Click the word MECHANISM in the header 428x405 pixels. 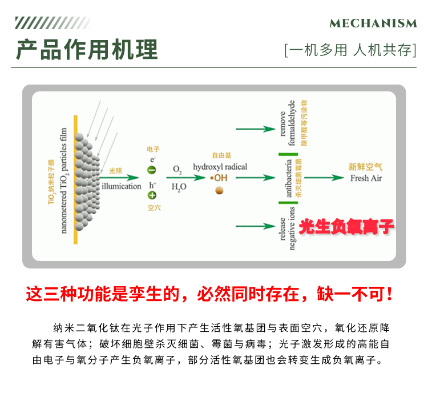click(373, 23)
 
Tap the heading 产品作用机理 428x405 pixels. click(87, 50)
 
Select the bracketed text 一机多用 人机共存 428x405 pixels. click(350, 50)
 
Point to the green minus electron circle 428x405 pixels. click(152, 170)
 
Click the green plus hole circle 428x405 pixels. click(152, 195)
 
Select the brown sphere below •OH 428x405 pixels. click(219, 190)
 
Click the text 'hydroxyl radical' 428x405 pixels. click(220, 167)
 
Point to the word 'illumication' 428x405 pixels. click(121, 186)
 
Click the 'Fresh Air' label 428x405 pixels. click(366, 178)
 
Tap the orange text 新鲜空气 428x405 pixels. click(365, 167)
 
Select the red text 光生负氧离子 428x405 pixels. click(346, 227)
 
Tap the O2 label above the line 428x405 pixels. click(177, 170)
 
